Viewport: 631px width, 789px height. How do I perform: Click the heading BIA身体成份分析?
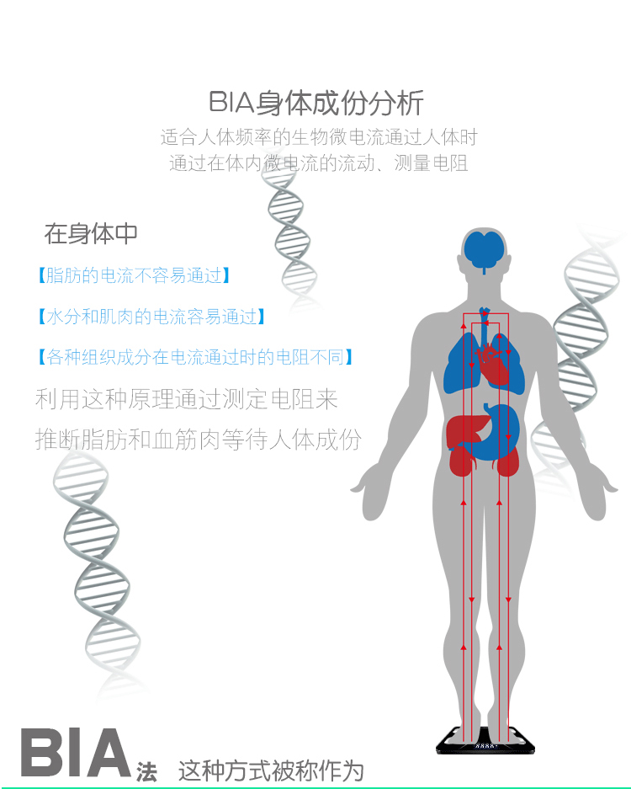315,103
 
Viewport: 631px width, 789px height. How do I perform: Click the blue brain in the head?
484,248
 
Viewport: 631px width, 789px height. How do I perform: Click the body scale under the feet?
483,740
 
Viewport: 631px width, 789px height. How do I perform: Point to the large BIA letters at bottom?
76,754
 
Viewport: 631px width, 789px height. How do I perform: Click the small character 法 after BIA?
146,770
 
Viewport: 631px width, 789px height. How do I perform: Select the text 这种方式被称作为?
271,770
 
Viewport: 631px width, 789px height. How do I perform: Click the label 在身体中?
91,233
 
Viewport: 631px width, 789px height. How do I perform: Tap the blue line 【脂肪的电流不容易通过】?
133,275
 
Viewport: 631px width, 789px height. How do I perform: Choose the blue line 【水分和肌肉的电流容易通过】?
151,317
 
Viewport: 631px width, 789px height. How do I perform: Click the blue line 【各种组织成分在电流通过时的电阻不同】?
194,357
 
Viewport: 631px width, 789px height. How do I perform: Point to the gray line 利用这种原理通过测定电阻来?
187,398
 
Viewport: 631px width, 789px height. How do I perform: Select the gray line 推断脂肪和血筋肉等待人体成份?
199,439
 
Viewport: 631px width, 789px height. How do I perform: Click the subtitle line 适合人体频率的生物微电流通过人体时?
319,136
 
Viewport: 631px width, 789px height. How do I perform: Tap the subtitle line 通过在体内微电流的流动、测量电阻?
319,163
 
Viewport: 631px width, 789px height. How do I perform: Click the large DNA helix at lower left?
97,573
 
